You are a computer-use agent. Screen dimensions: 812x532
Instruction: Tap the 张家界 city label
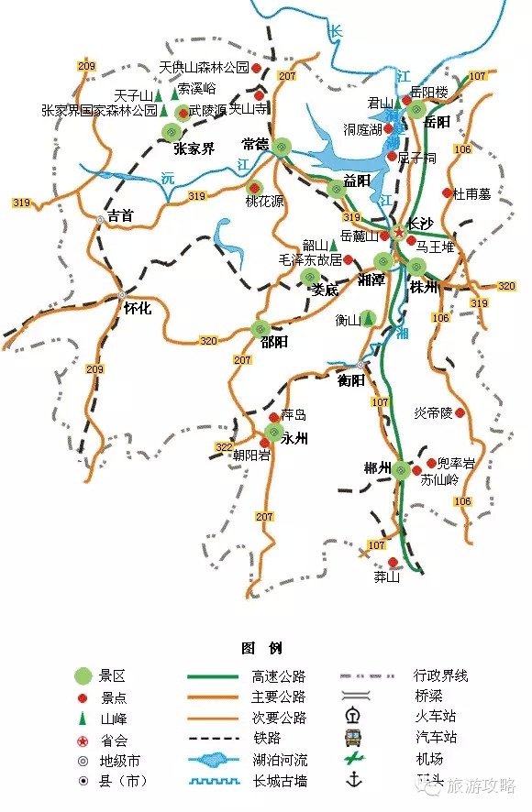click(194, 148)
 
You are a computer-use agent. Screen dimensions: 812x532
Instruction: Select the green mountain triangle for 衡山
click(368, 319)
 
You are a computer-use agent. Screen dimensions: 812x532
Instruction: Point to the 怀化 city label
click(137, 310)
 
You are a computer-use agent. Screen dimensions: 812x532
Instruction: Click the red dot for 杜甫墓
click(448, 192)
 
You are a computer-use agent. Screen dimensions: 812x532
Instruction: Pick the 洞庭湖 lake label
click(362, 130)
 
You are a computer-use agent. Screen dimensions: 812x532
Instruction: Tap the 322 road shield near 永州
click(223, 446)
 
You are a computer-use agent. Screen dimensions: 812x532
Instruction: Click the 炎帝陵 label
click(433, 413)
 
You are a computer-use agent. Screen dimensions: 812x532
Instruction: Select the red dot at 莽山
click(393, 563)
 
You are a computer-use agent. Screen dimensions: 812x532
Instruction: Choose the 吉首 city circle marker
click(100, 220)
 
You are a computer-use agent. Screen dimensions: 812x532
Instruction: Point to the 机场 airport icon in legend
click(352, 758)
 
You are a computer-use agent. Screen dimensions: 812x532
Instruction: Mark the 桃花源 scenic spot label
click(264, 201)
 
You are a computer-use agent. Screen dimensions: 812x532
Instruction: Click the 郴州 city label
click(378, 470)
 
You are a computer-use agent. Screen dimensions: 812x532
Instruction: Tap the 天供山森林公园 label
click(204, 68)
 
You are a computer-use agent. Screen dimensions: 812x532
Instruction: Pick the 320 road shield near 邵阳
click(208, 341)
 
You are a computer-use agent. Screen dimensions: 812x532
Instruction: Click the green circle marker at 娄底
click(309, 277)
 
